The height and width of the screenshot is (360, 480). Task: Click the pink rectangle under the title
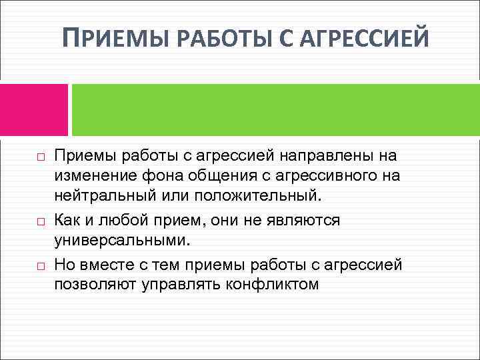(x=33, y=109)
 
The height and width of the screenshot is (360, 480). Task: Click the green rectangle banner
(x=275, y=109)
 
